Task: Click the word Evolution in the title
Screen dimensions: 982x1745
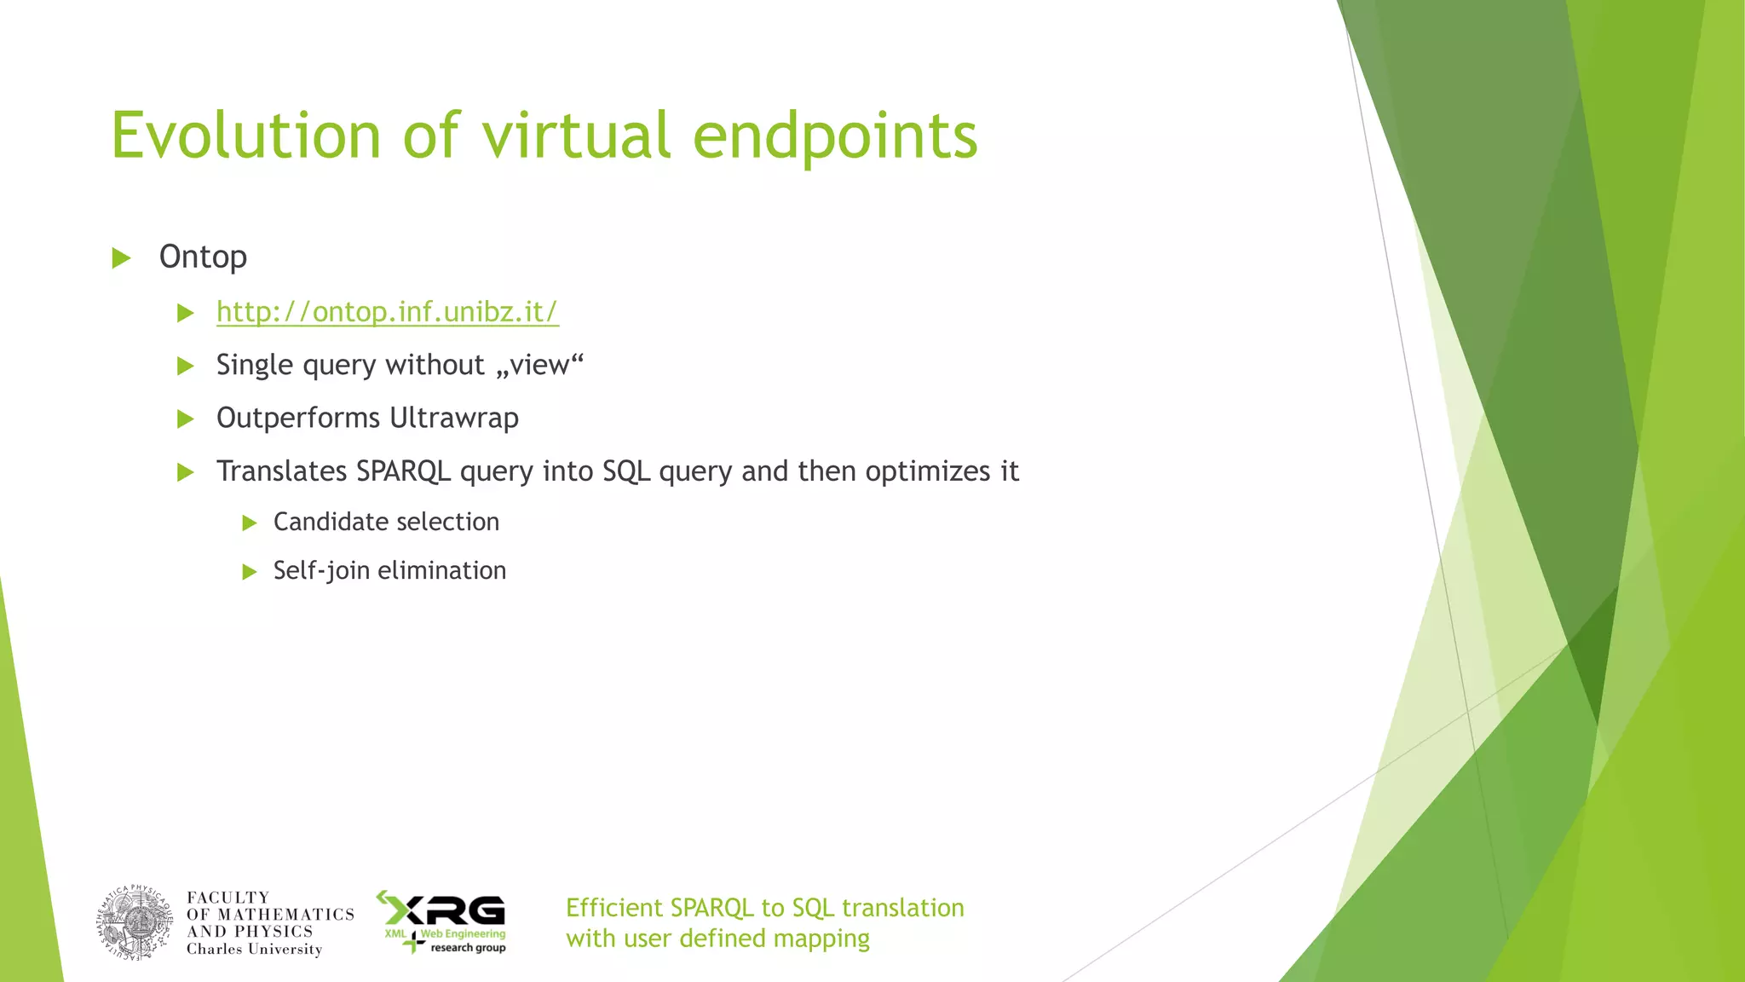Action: [245, 136]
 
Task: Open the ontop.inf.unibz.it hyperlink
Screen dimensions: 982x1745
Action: [387, 312]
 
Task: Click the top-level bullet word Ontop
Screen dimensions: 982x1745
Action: [203, 257]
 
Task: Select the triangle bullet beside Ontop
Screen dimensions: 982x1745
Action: [122, 257]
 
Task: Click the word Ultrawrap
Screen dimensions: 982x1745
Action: [453, 419]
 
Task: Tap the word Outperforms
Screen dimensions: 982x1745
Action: [298, 419]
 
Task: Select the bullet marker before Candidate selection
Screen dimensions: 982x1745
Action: [250, 523]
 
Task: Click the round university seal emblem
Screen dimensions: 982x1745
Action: [135, 922]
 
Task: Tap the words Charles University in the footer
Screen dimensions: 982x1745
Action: [254, 950]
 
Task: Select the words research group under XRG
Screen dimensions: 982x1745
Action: [468, 948]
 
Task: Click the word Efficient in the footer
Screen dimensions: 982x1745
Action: [613, 908]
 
